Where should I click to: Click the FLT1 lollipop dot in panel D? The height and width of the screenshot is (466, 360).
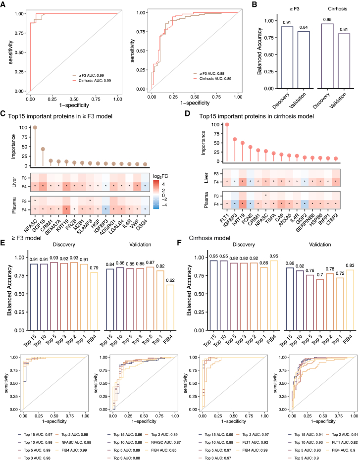click(213, 124)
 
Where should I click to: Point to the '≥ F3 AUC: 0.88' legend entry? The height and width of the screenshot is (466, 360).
click(213, 73)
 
